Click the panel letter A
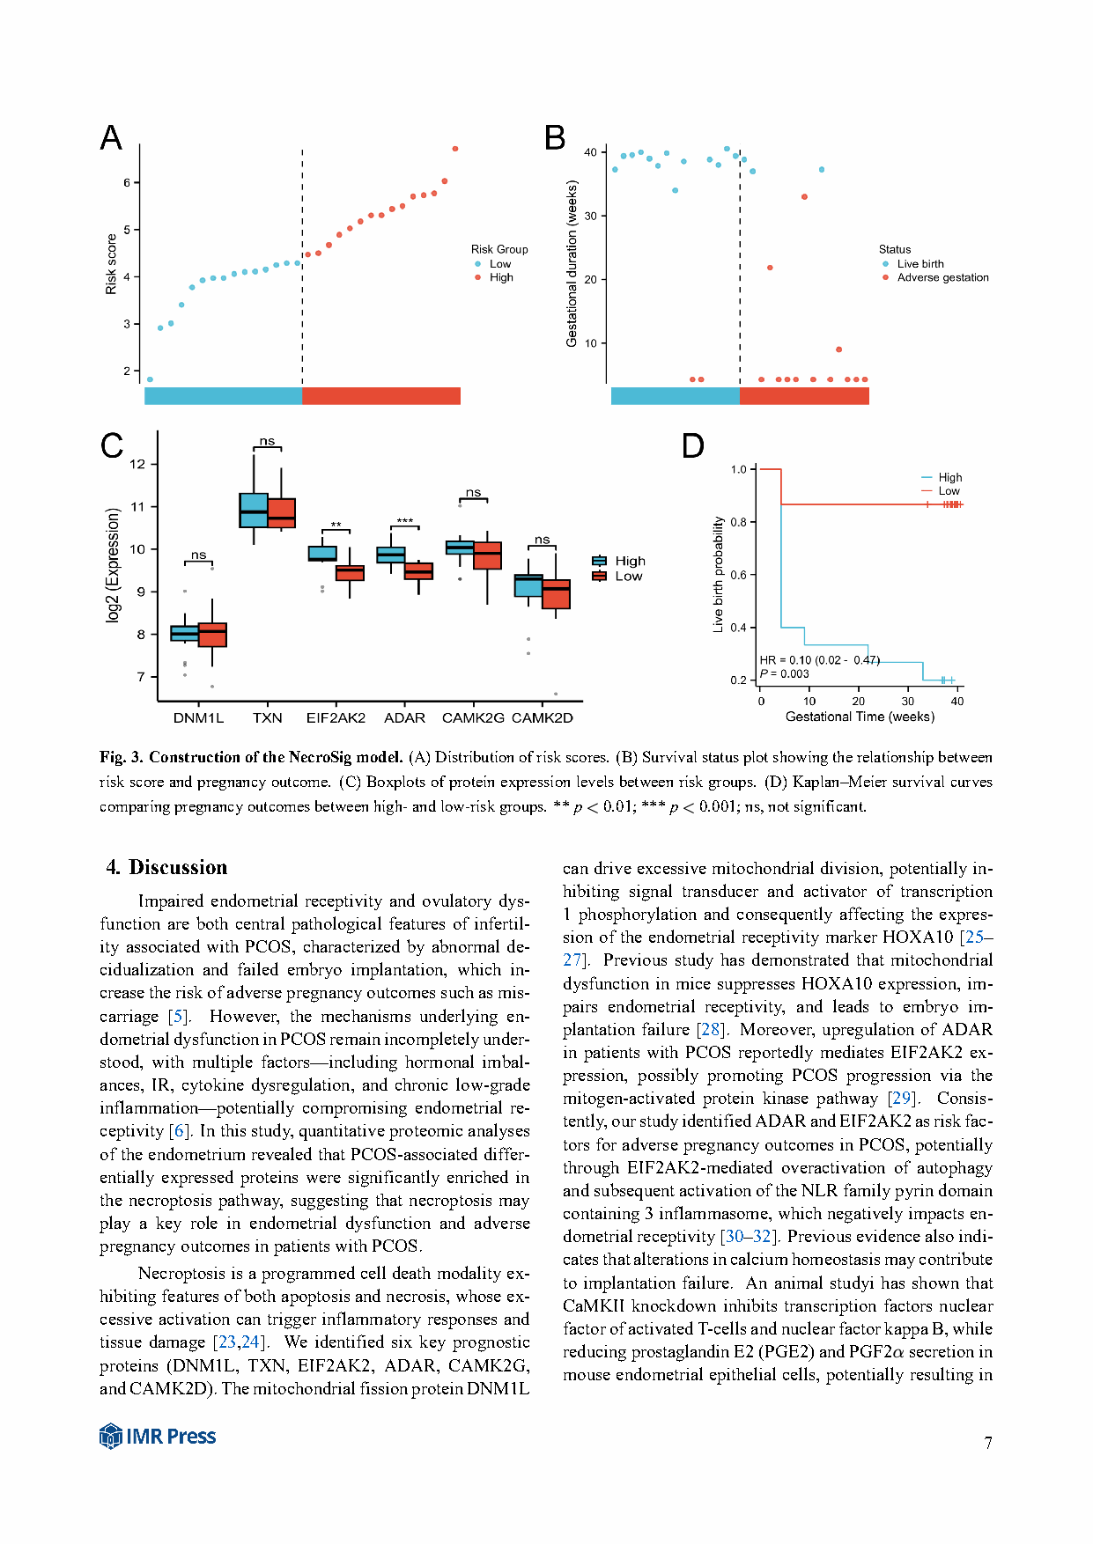tap(111, 138)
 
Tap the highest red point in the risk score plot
tap(455, 149)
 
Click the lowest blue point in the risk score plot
tap(150, 379)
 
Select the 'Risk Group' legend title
tap(499, 249)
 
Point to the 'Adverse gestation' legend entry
tap(942, 277)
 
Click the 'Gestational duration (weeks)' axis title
tap(572, 263)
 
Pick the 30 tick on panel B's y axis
tap(590, 216)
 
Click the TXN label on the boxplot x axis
tap(268, 718)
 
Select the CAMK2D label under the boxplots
tap(543, 718)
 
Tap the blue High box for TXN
tap(254, 511)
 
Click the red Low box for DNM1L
tap(212, 635)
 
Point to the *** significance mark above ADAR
tap(405, 522)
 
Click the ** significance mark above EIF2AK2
tap(336, 526)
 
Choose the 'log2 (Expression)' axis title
tap(113, 565)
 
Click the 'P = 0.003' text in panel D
tap(785, 674)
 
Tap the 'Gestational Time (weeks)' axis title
tap(860, 717)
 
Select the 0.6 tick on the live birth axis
tap(738, 575)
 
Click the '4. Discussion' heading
tap(167, 867)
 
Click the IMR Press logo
tap(158, 1436)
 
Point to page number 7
tap(988, 1443)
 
